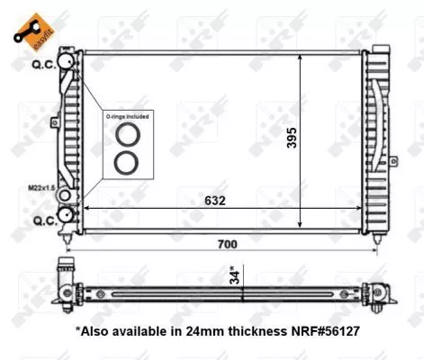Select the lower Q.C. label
click(42, 220)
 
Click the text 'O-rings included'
click(125, 117)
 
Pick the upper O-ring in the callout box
click(125, 136)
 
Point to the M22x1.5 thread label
click(41, 189)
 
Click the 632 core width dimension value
click(213, 201)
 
